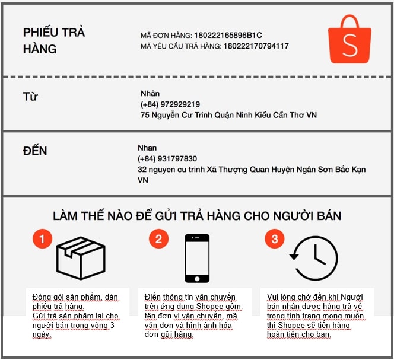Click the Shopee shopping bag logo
coord(349,39)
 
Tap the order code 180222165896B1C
coord(228,35)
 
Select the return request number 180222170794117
coord(256,46)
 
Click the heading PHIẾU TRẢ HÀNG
coord(54,41)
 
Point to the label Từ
coord(30,97)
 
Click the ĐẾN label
coord(35,151)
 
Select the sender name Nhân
coord(150,94)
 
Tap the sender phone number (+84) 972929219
coord(170,104)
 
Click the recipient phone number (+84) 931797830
coord(167,159)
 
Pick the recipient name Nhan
coord(147,148)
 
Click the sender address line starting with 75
coord(228,115)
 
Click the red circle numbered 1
coord(42,238)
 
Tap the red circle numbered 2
coord(158,238)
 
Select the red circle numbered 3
coord(275,238)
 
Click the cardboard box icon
coord(81,258)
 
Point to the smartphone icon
coord(197,258)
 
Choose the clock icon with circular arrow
coord(314,258)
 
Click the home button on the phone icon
coord(197,279)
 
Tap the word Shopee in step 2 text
coord(209,307)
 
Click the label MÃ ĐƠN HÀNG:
coord(166,36)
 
